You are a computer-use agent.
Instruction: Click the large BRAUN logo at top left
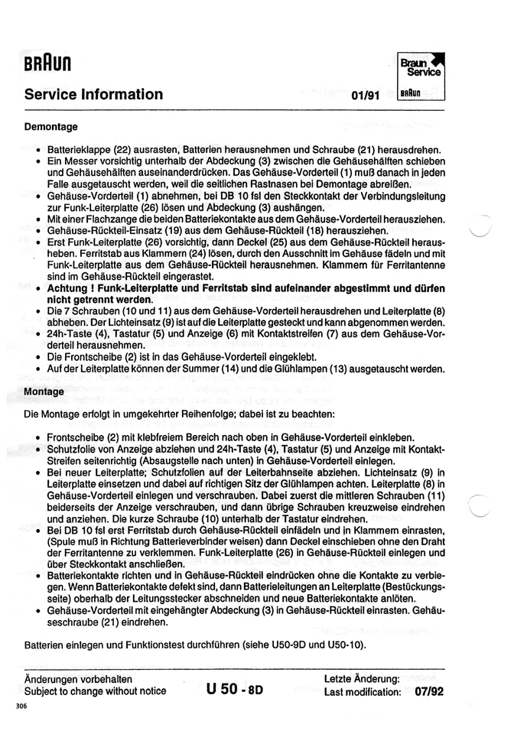coord(47,67)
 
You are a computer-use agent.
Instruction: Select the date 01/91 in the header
coord(366,96)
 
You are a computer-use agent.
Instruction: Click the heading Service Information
coord(93,95)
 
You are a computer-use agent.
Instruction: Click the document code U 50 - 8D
coord(235,689)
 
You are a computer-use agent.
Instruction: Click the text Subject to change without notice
coord(95,691)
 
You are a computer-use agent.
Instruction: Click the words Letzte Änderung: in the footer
coord(362,679)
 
